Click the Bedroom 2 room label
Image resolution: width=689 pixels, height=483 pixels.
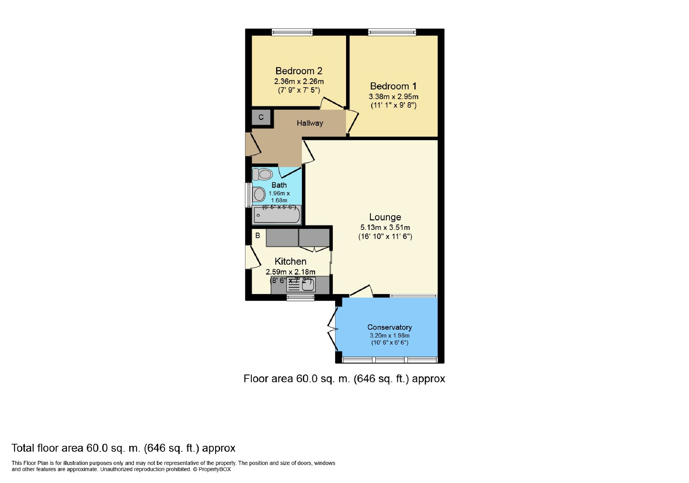[299, 71]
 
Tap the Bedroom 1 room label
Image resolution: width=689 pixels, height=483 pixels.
[393, 86]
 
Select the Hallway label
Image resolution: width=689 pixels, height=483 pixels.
[310, 123]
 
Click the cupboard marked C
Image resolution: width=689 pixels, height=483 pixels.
[261, 117]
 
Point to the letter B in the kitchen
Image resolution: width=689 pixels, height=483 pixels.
[258, 235]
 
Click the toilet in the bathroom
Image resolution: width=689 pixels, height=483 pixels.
[263, 174]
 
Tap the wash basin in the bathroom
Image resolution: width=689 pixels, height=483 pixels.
[259, 195]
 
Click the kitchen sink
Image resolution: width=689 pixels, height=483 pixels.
[301, 285]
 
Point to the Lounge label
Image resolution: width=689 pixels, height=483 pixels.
[385, 217]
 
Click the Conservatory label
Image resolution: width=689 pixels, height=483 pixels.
[390, 327]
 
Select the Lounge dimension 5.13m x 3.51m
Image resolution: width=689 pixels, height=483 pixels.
[385, 227]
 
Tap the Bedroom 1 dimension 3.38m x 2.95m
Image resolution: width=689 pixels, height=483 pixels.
[393, 96]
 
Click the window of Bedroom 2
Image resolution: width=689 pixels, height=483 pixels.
[292, 32]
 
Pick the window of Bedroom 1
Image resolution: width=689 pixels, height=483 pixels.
[392, 32]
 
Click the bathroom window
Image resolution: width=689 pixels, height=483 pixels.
[249, 195]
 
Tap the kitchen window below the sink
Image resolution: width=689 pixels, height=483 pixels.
[300, 298]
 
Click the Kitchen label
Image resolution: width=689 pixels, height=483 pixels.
[290, 261]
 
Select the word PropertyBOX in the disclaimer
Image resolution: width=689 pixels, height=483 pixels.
[215, 469]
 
